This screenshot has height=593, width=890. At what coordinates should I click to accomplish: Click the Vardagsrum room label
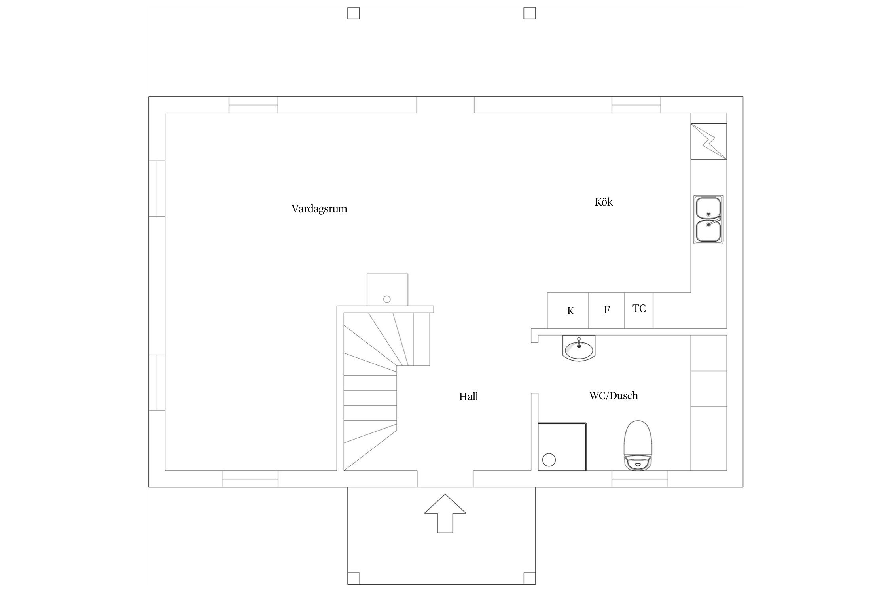(319, 209)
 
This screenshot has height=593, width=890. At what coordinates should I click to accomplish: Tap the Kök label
(604, 202)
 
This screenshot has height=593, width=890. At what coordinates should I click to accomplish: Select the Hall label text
(469, 397)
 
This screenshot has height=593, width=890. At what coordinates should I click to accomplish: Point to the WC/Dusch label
(614, 396)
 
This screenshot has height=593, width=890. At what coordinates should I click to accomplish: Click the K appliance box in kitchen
(568, 310)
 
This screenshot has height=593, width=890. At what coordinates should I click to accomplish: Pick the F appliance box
(606, 310)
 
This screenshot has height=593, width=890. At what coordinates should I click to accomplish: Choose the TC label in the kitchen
(639, 308)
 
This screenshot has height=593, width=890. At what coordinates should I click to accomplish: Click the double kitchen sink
(708, 219)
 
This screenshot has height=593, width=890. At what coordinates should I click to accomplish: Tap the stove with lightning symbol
(709, 141)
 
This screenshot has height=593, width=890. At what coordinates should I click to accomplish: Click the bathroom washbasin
(579, 348)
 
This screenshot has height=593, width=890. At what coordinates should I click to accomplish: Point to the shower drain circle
(549, 460)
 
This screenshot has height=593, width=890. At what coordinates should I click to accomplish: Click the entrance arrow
(445, 513)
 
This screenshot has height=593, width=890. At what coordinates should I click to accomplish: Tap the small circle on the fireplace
(387, 299)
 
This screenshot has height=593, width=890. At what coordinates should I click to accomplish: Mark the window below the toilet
(640, 479)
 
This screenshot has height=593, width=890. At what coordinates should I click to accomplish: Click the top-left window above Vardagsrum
(253, 105)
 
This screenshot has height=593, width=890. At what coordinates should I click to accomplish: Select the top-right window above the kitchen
(636, 105)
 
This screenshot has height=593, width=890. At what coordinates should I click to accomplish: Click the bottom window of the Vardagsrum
(250, 479)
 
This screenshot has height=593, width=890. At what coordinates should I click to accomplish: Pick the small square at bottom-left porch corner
(354, 578)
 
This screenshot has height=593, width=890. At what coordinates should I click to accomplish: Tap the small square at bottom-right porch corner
(530, 578)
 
